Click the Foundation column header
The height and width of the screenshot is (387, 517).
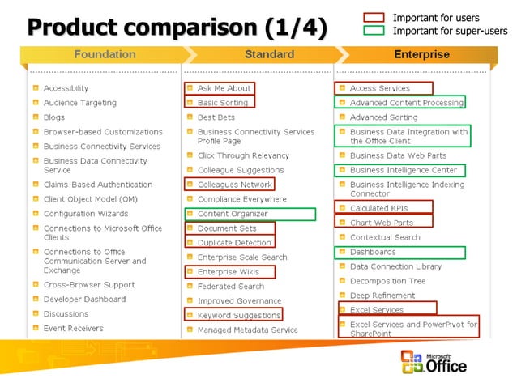105,55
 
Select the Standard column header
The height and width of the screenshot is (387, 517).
269,55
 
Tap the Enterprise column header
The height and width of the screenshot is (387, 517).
421,55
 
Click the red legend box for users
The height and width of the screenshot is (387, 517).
374,17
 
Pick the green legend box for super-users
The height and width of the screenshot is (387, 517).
374,31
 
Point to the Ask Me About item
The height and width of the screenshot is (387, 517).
224,88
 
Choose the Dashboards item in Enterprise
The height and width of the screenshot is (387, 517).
373,252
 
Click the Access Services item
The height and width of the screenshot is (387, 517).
379,88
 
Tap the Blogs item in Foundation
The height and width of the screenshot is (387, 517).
54,117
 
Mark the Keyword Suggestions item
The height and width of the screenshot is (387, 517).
238,315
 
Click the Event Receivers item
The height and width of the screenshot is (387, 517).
73,328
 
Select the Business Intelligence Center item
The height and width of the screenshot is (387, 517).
403,170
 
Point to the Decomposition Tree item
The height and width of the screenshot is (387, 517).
387,281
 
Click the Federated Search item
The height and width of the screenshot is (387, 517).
230,286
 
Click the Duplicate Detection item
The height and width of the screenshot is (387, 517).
234,242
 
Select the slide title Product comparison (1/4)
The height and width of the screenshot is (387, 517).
177,28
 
